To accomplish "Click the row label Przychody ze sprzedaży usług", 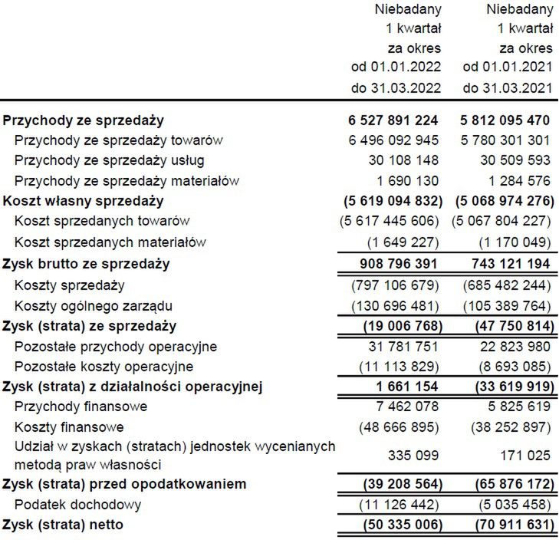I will click(109, 160).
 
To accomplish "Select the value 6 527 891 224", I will click(393, 120).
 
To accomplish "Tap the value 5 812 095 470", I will click(505, 120).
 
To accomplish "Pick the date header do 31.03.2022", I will click(396, 87).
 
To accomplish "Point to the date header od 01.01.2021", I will click(508, 67).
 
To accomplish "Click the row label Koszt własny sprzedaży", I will click(84, 201).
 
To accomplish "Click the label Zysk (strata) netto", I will click(63, 525).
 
